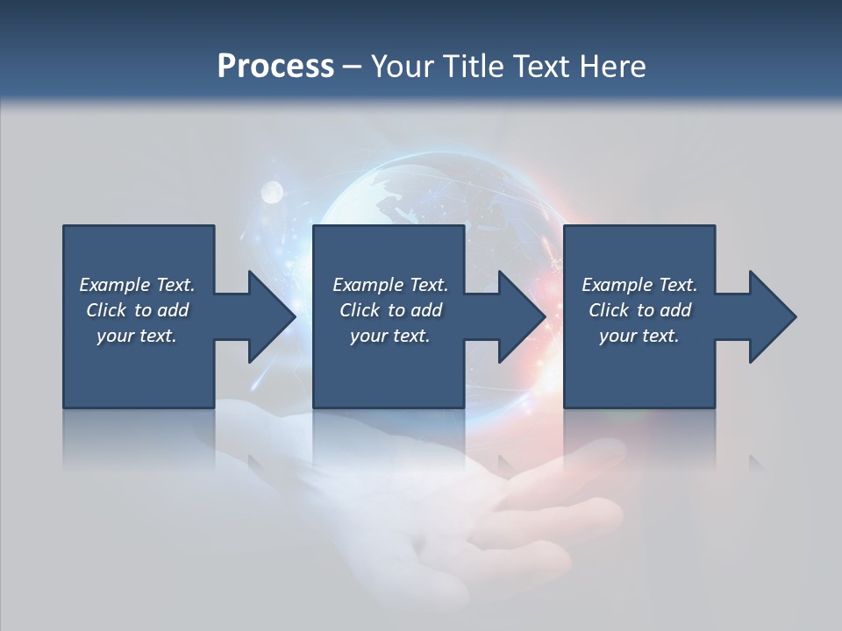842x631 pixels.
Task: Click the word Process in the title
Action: [x=275, y=67]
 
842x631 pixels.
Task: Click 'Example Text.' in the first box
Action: [x=137, y=285]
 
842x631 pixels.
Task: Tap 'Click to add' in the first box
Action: [x=137, y=310]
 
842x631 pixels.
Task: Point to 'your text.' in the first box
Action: [x=137, y=336]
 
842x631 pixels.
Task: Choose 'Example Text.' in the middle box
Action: [x=390, y=285]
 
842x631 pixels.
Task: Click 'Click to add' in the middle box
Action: [x=390, y=310]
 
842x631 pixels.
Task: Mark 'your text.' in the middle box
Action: [x=390, y=336]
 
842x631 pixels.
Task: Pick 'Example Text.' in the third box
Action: [x=639, y=285]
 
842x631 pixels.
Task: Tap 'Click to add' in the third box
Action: [x=639, y=310]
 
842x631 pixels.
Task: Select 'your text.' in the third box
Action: [x=639, y=336]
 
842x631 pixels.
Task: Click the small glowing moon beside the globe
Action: [x=272, y=190]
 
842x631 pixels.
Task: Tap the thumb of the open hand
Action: [x=561, y=473]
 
